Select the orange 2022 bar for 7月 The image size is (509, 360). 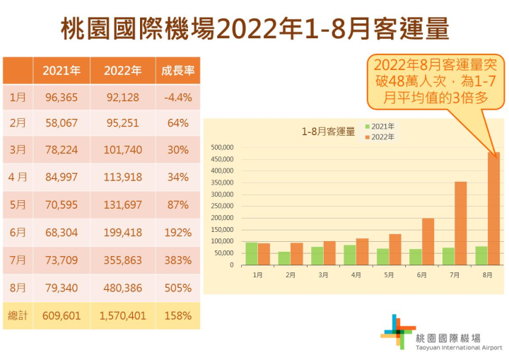pos(461,223)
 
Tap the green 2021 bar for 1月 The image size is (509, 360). pos(251,253)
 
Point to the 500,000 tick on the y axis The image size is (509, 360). pos(221,147)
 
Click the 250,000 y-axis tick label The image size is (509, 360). pos(221,206)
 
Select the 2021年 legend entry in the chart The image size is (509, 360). pos(380,127)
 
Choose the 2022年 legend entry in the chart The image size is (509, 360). pos(380,136)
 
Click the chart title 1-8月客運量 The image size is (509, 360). pos(327,132)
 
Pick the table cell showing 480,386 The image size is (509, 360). pos(123,288)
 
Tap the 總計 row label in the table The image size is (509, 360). pos(18,315)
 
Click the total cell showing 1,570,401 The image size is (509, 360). pos(123,315)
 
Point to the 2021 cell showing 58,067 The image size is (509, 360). pos(62,123)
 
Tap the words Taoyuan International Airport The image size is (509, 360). pos(460,347)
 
